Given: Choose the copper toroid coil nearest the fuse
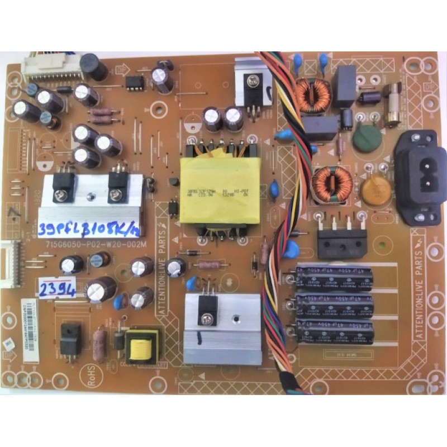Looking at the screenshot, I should click(312, 94).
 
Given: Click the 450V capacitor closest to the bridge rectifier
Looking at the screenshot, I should click(336, 278).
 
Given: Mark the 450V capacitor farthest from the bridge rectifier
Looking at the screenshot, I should click(336, 333).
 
